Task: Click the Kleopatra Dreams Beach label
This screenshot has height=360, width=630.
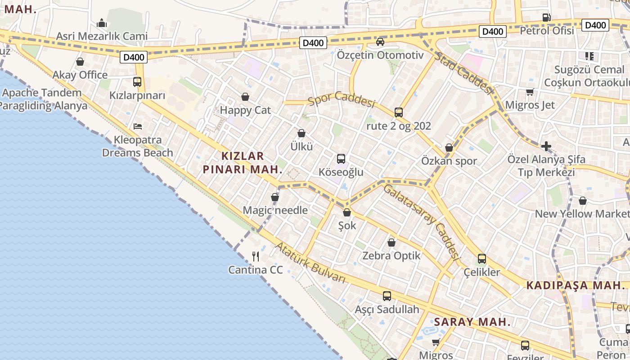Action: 137,146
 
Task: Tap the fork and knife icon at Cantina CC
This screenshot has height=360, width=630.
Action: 256,256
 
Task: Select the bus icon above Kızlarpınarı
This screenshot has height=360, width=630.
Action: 137,82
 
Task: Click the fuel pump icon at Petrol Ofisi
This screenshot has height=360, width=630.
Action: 546,18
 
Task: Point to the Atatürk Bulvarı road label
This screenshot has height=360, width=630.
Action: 310,263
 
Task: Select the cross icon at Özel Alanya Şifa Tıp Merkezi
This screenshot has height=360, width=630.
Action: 546,146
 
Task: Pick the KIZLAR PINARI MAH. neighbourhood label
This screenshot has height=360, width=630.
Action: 242,162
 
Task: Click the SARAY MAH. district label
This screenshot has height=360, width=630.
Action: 472,322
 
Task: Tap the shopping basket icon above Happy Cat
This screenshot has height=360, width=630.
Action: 245,97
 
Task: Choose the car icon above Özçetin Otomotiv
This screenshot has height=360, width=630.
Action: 380,42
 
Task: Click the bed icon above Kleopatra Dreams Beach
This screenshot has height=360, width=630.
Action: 138,126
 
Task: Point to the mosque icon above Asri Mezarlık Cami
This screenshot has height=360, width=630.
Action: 102,22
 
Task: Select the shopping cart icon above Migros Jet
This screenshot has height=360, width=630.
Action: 530,92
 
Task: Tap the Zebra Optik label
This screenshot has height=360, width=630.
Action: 391,256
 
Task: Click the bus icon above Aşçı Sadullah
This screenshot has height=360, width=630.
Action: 387,296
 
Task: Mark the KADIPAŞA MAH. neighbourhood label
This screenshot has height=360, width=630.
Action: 576,285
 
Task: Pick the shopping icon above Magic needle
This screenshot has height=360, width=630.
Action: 275,197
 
